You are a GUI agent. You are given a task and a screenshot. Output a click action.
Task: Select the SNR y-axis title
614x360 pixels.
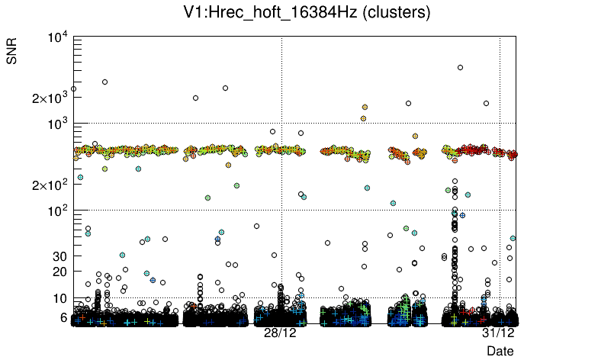click(13, 54)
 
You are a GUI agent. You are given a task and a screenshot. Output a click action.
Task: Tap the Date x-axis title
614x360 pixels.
click(500, 351)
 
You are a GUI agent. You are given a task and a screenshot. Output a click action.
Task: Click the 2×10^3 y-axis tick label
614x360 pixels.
click(48, 98)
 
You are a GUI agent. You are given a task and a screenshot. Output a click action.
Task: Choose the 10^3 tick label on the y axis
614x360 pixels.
click(56, 124)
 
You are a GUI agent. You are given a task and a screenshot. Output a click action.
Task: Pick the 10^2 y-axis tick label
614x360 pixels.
click(56, 211)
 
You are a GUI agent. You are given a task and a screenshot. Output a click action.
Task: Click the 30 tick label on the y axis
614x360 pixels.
click(60, 256)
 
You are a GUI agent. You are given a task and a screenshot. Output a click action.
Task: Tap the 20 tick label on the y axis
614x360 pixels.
click(60, 272)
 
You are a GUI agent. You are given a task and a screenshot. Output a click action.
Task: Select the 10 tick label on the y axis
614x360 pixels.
click(60, 298)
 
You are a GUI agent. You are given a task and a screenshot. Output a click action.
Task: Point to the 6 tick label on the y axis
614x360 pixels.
click(63, 317)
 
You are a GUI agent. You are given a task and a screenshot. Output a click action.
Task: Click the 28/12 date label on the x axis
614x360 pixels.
click(281, 333)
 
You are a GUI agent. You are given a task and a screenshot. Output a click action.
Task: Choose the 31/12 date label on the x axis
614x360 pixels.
click(498, 333)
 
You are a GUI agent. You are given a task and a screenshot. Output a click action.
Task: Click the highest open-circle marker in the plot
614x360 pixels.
click(461, 67)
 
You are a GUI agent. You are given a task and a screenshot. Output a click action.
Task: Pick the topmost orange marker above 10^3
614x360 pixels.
click(365, 108)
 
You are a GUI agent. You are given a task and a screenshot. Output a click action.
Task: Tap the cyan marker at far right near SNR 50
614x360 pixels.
click(513, 238)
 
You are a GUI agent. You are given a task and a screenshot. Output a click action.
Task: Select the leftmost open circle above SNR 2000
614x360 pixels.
click(73, 88)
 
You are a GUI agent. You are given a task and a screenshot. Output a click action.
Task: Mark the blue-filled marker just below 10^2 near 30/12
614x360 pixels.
click(462, 216)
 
